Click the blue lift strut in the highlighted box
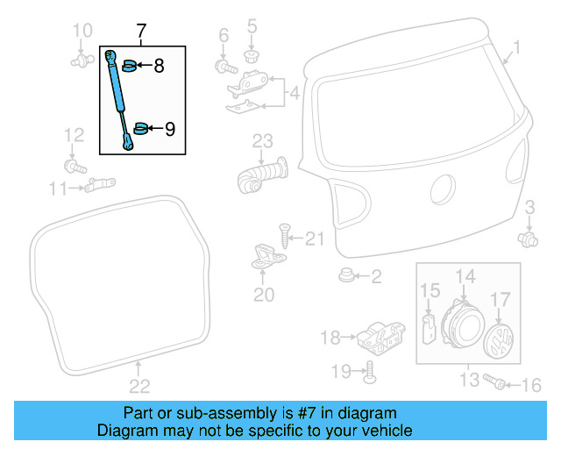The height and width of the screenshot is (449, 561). (x=120, y=98)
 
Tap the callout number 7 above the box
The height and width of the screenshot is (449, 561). (x=140, y=33)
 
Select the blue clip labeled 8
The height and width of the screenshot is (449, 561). (x=128, y=64)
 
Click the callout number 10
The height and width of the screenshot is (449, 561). (x=82, y=32)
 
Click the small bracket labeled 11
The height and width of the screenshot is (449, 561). (x=102, y=185)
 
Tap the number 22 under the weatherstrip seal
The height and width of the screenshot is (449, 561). (x=139, y=385)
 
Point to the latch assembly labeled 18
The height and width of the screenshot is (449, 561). (x=380, y=335)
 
